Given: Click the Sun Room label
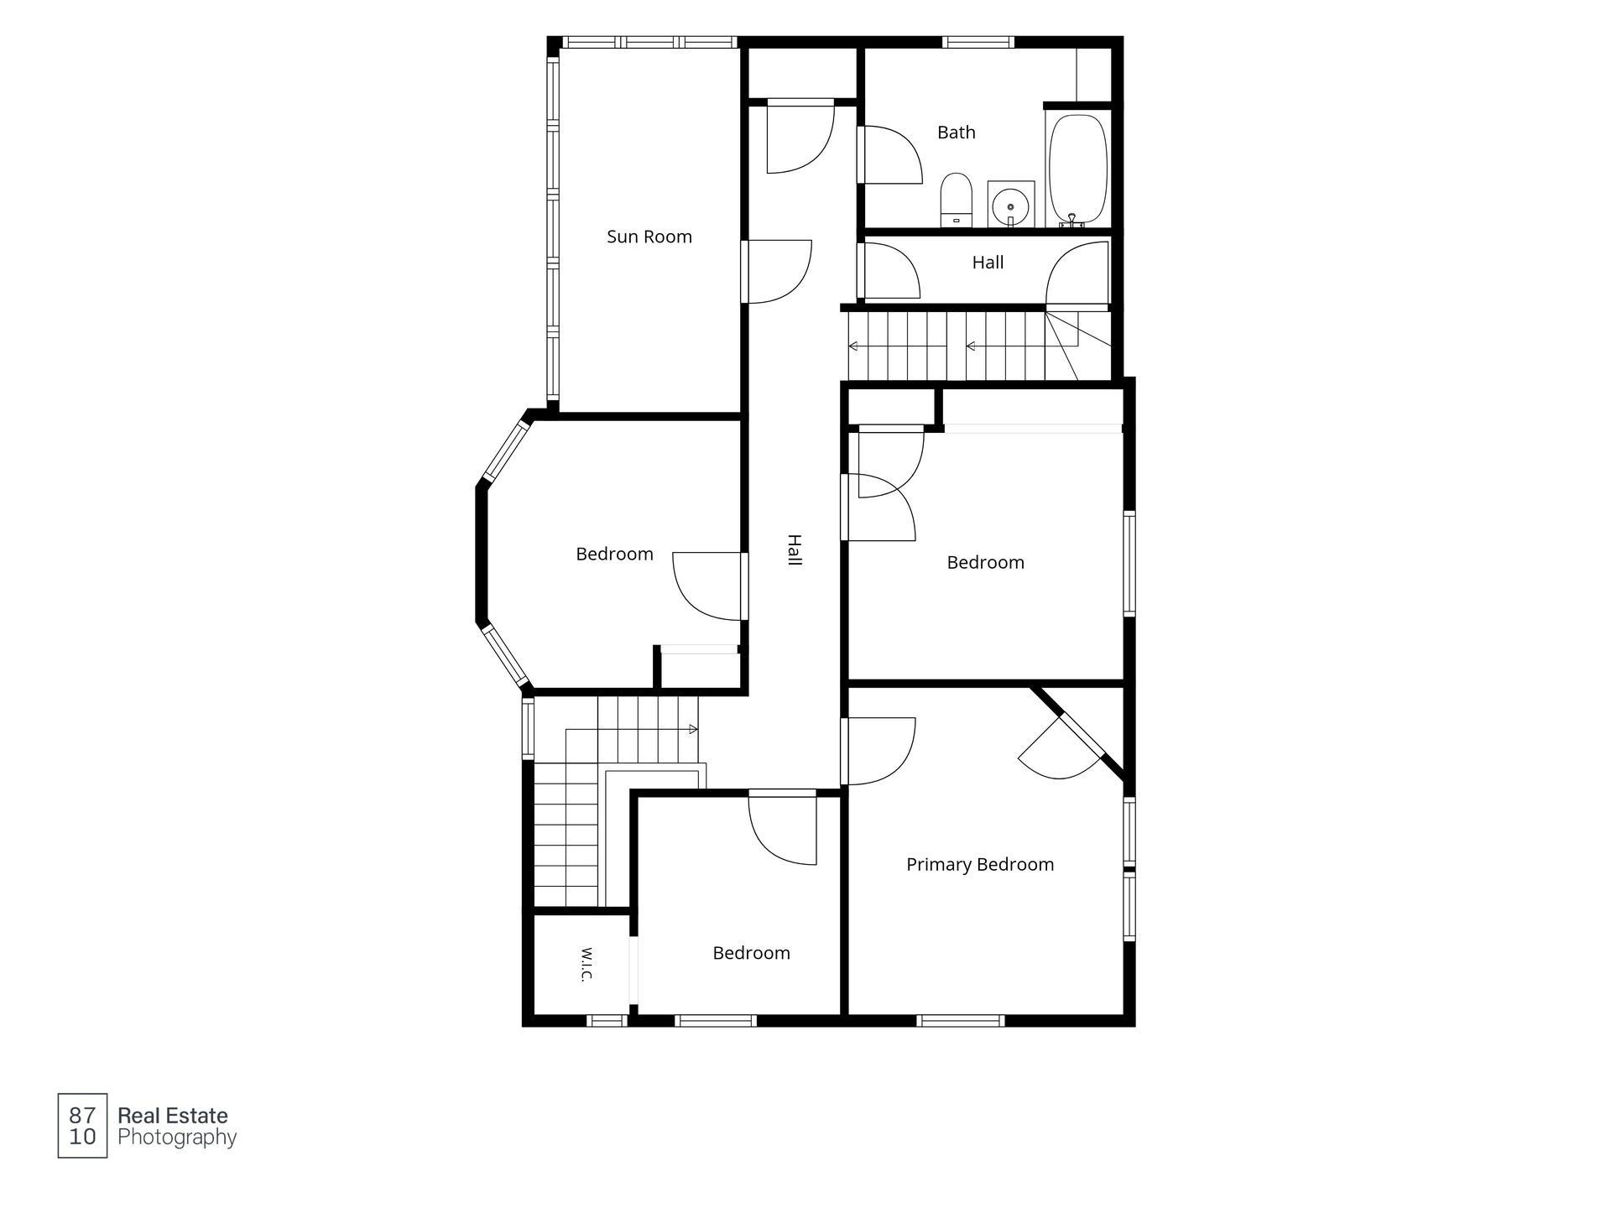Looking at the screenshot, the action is pyautogui.click(x=649, y=237).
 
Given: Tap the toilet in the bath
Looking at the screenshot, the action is pyautogui.click(x=956, y=200).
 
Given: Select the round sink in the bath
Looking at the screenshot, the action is pyautogui.click(x=1011, y=204).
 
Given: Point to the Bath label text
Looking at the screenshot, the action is pyautogui.click(x=957, y=133).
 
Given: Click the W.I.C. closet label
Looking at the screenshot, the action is pyautogui.click(x=587, y=965).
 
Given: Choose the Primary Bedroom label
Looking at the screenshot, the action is pyautogui.click(x=980, y=864).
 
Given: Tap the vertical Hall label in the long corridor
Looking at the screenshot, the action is pyautogui.click(x=795, y=550).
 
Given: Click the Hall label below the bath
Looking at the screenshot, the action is pyautogui.click(x=988, y=263).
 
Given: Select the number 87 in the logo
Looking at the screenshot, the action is pyautogui.click(x=82, y=1115).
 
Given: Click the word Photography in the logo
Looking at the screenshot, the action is pyautogui.click(x=177, y=1138).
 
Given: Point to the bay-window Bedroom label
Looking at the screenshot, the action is pyautogui.click(x=614, y=554).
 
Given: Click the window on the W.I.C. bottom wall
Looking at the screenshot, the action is pyautogui.click(x=607, y=1020).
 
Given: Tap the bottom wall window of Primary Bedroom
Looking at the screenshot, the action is pyautogui.click(x=960, y=1020).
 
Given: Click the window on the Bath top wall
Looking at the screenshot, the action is pyautogui.click(x=978, y=42).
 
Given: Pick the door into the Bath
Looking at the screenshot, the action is pyautogui.click(x=890, y=154).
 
